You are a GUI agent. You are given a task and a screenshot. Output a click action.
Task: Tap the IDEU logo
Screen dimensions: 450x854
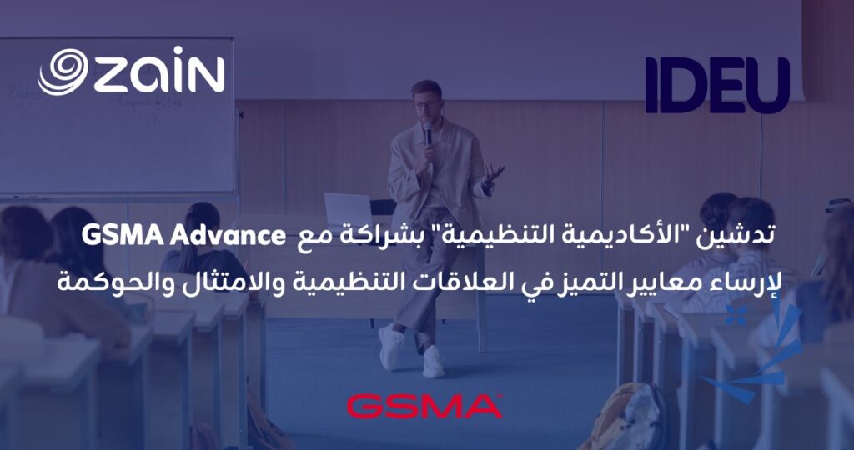(x=716, y=85)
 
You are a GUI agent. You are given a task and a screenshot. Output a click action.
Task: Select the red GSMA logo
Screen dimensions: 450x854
(x=423, y=406)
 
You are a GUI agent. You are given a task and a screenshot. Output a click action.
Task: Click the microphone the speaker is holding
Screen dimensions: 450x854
(x=428, y=134)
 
